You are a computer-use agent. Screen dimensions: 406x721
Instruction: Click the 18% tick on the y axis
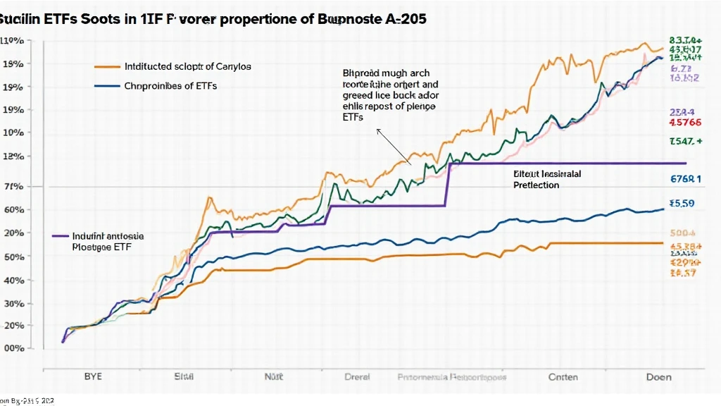(x=13, y=64)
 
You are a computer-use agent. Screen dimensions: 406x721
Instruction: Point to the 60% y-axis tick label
(x=13, y=209)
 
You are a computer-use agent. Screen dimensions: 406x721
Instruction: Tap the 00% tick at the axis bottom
(x=13, y=348)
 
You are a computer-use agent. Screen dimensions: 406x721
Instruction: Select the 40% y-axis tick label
(x=13, y=280)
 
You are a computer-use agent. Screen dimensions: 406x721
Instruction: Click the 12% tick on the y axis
(x=13, y=156)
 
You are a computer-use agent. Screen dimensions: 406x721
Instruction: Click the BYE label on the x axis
(x=93, y=376)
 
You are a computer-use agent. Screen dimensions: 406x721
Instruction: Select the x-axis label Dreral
(x=356, y=377)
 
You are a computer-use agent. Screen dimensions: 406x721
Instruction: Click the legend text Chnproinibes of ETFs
(x=170, y=86)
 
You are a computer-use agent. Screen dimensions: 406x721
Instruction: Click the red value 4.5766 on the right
(x=682, y=122)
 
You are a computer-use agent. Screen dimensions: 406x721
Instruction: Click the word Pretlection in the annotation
(x=537, y=185)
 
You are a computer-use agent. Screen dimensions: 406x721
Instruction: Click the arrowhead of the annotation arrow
(x=378, y=130)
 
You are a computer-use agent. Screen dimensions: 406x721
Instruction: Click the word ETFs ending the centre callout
(x=353, y=118)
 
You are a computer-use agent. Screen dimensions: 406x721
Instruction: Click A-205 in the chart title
(x=404, y=20)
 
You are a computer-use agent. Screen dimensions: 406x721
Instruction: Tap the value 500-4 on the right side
(x=682, y=232)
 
